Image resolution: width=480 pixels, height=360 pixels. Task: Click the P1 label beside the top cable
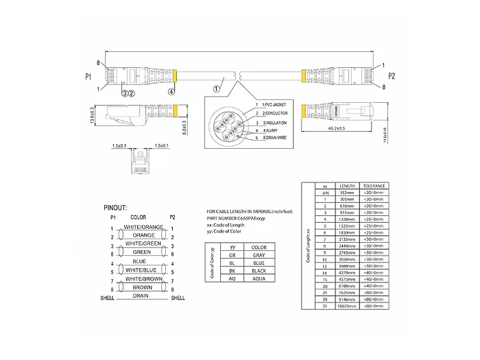coord(88,77)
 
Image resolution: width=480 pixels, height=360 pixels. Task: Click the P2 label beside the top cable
coord(392,75)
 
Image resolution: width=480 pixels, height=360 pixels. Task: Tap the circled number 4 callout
coord(171,91)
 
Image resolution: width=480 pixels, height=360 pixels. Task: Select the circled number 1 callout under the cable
coord(216,88)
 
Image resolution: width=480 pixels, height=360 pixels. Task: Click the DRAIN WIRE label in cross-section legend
coord(273,138)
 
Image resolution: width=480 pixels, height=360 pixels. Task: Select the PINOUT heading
coord(116,206)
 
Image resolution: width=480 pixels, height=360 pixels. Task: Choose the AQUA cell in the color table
coord(259,279)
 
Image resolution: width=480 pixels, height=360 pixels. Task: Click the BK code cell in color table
coord(233,271)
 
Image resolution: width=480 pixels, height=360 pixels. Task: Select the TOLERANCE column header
coord(374,186)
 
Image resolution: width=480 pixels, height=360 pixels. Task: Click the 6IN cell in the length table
coord(325,193)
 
